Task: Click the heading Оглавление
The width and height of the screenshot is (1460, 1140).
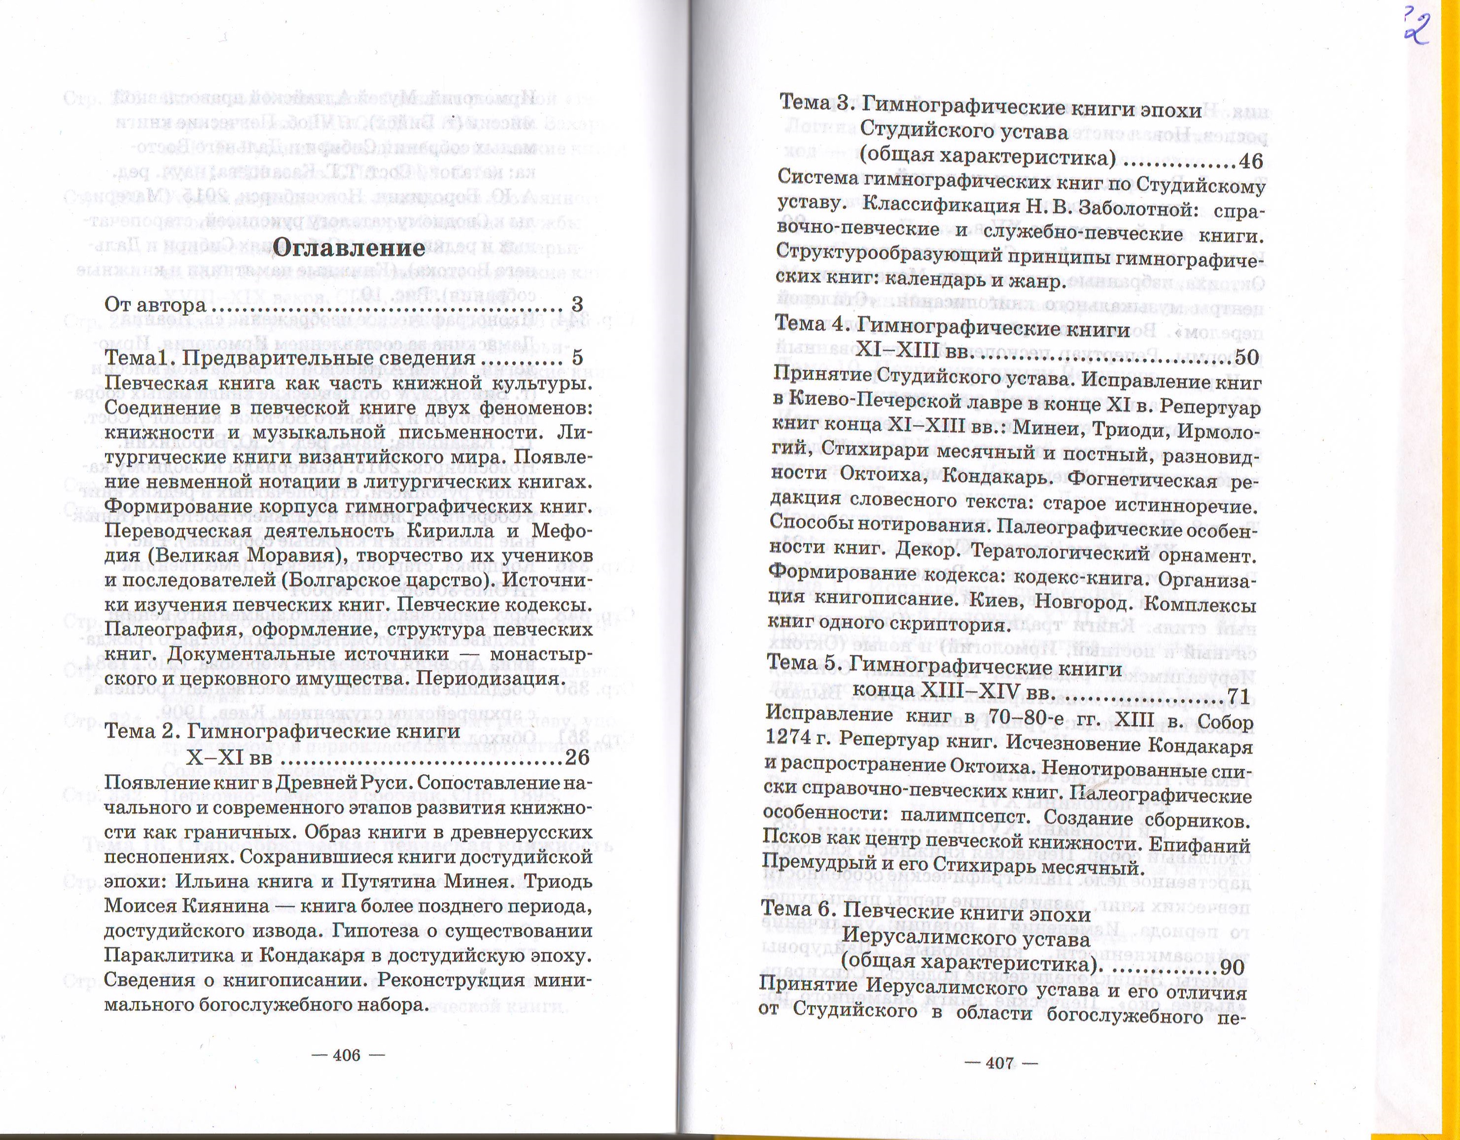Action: (x=350, y=248)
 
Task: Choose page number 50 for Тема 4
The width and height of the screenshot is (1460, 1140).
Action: (x=1247, y=357)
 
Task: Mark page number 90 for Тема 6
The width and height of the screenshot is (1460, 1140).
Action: (x=1231, y=967)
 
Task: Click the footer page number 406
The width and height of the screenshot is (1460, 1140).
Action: (x=346, y=1055)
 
